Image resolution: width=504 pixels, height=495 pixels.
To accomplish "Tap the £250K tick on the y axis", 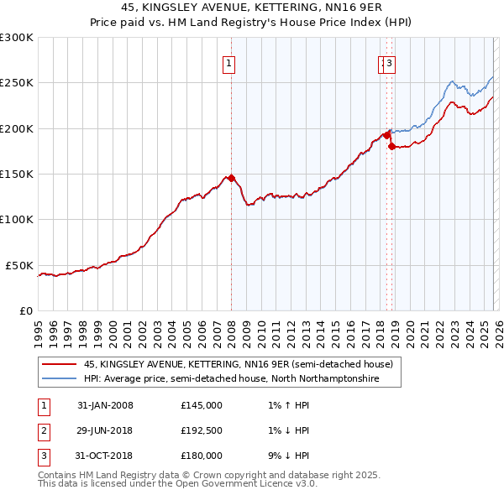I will (17, 83).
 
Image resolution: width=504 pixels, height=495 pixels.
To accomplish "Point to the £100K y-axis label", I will (17, 219).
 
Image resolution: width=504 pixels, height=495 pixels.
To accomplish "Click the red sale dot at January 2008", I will (231, 178).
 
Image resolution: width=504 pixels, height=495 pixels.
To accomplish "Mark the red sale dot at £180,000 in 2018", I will (391, 147).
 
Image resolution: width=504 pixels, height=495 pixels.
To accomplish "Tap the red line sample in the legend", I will (58, 364).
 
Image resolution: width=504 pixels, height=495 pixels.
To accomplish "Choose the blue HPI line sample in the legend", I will (58, 379).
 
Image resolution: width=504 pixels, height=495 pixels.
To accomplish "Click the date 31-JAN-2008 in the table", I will (105, 405).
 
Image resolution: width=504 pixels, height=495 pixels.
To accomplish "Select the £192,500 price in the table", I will (201, 430).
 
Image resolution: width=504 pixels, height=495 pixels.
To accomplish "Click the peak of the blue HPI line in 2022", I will (452, 81).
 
